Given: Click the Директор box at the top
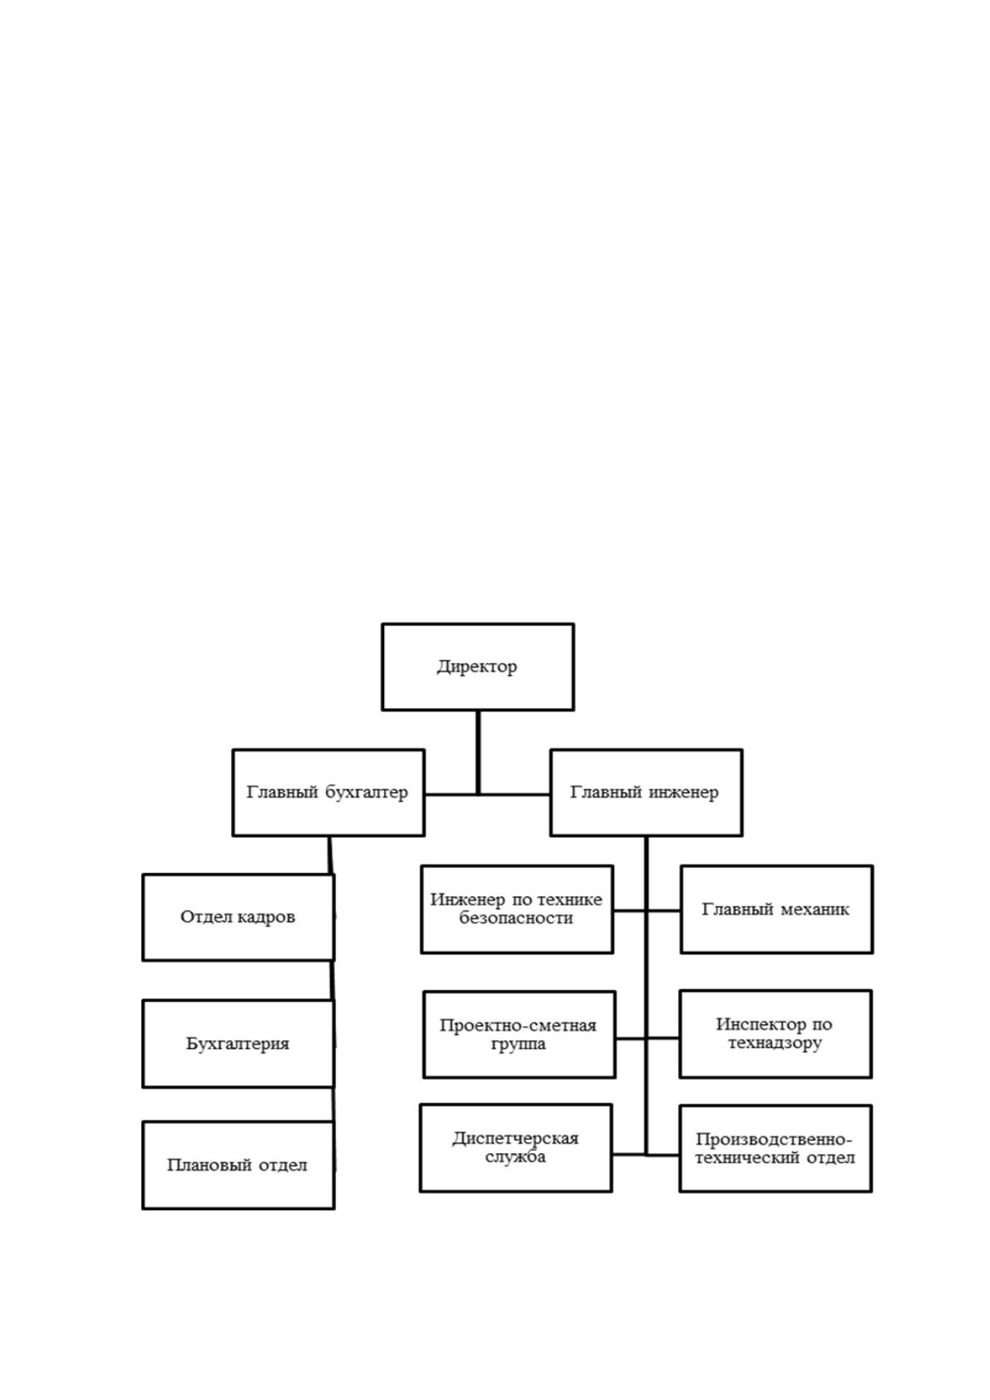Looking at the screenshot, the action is tap(477, 667).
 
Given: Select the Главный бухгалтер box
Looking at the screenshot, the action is tap(328, 792).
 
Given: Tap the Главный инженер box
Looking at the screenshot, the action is tap(646, 792).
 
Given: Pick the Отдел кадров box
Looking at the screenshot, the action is tap(238, 918).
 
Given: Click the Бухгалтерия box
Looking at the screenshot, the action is tap(238, 1043).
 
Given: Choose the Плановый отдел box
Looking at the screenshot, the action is tap(238, 1166).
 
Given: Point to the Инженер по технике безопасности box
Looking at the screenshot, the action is tap(517, 910).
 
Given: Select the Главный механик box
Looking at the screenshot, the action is tap(776, 910).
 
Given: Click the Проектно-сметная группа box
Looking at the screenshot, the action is tap(519, 1034).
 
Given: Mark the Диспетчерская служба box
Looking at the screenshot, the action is tap(515, 1148).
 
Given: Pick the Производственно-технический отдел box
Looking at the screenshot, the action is tap(775, 1149).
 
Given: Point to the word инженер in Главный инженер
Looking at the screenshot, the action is tap(684, 792).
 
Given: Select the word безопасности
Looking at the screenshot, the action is tap(515, 918).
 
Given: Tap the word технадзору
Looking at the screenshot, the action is tap(775, 1043).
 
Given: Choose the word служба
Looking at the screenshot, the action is tap(515, 1157).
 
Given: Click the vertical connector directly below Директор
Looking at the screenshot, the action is tap(478, 752).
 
